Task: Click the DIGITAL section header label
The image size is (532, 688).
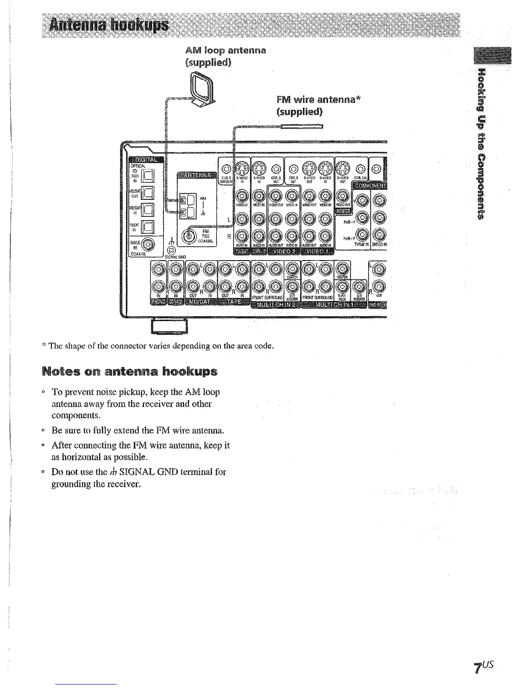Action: tap(145, 159)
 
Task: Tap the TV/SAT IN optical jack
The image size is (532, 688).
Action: tap(149, 226)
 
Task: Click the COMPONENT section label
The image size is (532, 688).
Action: tap(369, 185)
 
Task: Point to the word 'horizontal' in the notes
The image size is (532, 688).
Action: tap(82, 457)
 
